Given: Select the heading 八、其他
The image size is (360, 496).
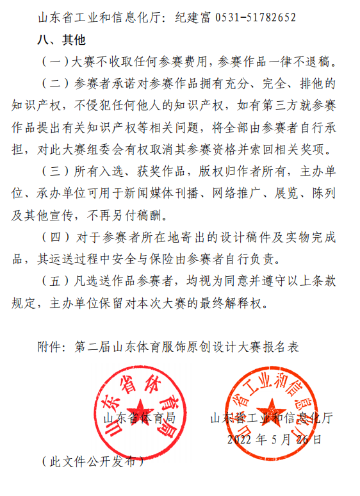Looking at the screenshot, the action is [60, 40].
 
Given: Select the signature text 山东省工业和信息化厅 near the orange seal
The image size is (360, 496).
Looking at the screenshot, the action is [272, 418].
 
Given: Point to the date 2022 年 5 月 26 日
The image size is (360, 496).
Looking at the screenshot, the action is [274, 440].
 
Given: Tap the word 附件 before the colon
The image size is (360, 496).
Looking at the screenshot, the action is [51, 347].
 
